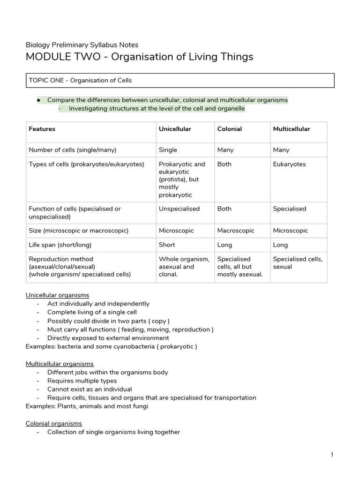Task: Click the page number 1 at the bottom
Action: click(331, 455)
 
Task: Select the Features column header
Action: click(42, 129)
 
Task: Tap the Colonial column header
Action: click(230, 129)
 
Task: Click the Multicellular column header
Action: click(291, 129)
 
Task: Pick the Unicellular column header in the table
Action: click(175, 129)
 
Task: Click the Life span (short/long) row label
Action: click(60, 245)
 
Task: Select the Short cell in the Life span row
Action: click(167, 245)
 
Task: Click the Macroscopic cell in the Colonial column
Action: click(236, 231)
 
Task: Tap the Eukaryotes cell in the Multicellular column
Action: click(289, 164)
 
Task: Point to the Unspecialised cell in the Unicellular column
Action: click(179, 209)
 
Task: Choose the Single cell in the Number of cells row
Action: click(168, 150)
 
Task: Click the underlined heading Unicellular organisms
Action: click(57, 295)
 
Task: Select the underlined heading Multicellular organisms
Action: click(60, 364)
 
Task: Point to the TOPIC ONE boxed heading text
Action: click(80, 80)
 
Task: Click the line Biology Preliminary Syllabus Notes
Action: click(82, 45)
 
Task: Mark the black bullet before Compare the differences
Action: click(38, 100)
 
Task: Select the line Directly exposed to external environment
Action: click(108, 338)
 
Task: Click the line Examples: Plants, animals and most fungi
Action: click(87, 406)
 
